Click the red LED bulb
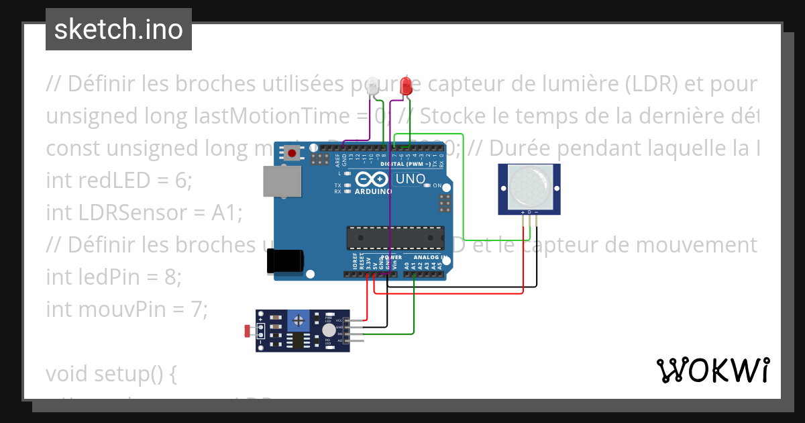pos(406,86)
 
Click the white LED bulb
pos(374,87)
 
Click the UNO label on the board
pos(411,179)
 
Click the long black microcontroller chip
pos(395,237)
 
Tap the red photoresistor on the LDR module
pos(249,330)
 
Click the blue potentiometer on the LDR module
pos(298,321)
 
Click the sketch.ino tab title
pos(119,30)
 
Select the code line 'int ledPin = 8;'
pos(113,276)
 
